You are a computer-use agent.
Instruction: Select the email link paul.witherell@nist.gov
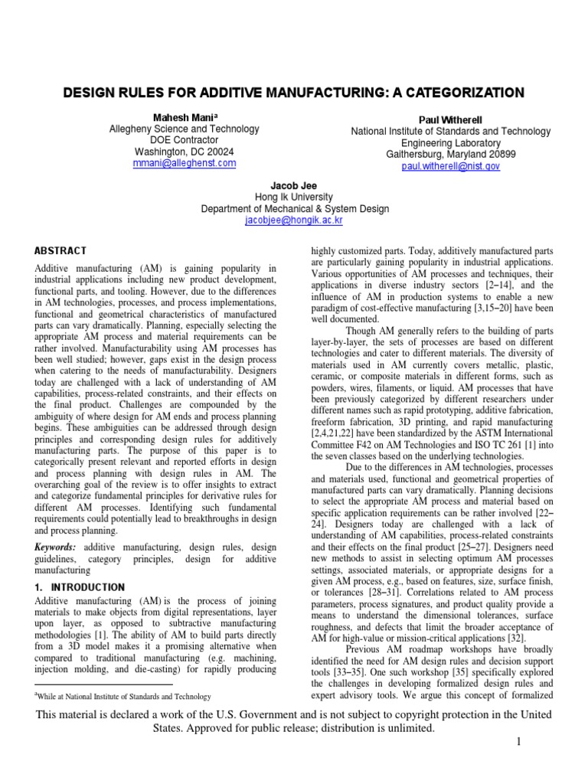[450, 165]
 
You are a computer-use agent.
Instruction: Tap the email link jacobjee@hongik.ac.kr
[294, 220]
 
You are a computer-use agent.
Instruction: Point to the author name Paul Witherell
[450, 120]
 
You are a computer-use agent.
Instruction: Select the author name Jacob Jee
[294, 185]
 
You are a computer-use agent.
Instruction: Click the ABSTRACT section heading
[61, 250]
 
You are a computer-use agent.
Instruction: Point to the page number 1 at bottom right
[518, 742]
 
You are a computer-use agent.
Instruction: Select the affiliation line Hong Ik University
[294, 197]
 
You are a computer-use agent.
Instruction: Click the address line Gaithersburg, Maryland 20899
[450, 154]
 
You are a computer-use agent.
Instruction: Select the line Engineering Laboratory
[450, 143]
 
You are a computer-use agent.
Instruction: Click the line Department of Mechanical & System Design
[294, 208]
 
